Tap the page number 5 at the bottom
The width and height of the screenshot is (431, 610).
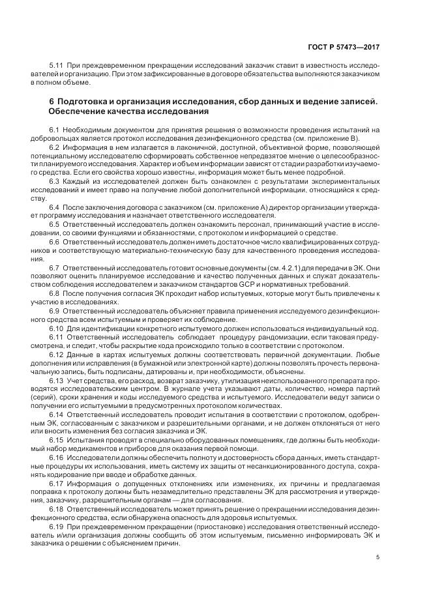pyautogui.click(x=378, y=557)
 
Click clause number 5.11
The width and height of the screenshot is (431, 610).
pyautogui.click(x=57, y=66)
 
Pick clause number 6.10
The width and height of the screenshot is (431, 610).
pyautogui.click(x=57, y=330)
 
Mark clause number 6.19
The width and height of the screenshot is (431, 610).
pyautogui.click(x=57, y=526)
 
